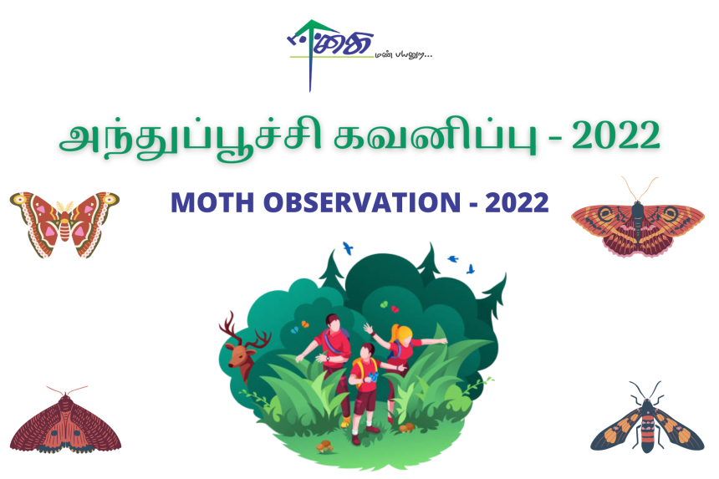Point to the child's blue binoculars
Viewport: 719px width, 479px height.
pos(373,377)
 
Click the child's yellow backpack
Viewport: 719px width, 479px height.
pos(359,368)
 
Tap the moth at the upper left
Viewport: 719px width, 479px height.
pos(64,222)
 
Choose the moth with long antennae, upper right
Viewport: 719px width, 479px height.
pos(638,220)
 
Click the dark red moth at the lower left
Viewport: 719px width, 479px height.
pos(64,423)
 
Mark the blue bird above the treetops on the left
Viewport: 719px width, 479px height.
pos(348,248)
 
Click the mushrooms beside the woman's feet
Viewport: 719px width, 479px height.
pos(407,428)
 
